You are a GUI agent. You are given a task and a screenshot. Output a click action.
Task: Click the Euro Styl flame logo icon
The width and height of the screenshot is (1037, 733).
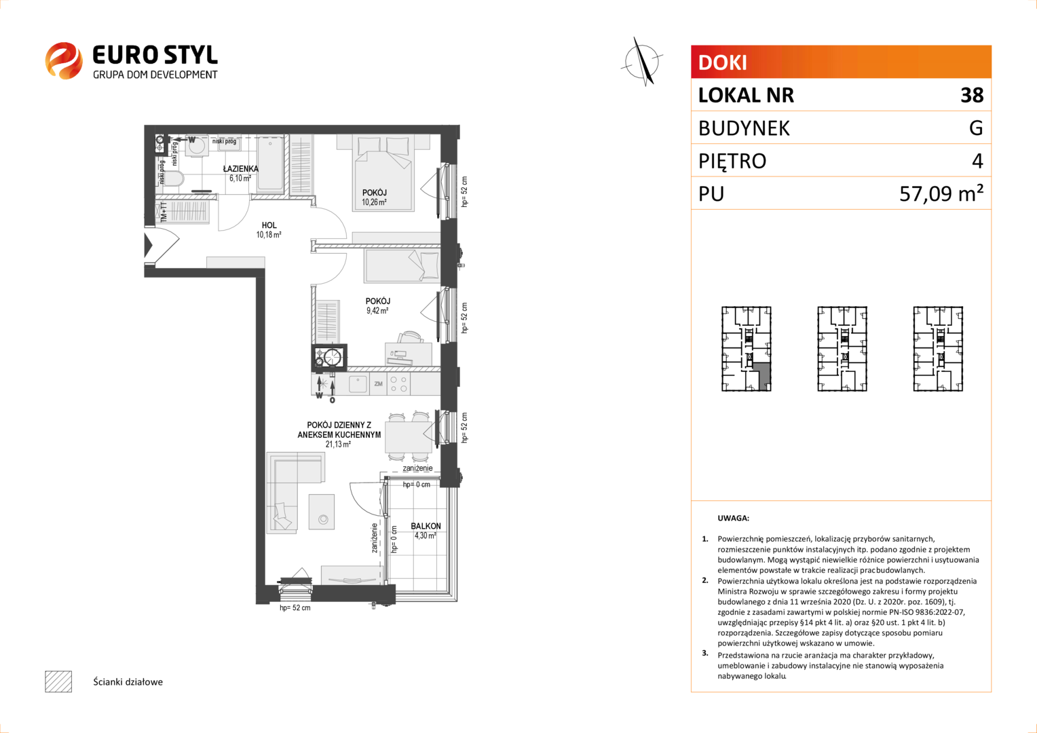tap(64, 60)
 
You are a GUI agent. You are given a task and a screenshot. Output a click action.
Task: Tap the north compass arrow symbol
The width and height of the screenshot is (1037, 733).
tap(643, 61)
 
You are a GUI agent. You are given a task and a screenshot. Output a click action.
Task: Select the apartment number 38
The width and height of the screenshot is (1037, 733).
tap(972, 95)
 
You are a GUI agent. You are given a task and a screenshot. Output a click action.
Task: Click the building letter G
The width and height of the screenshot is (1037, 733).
tap(976, 128)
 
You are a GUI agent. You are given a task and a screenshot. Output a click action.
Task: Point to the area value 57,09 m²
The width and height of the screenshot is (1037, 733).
tap(941, 193)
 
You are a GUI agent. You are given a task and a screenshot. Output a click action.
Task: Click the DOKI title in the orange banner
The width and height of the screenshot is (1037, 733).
tap(722, 62)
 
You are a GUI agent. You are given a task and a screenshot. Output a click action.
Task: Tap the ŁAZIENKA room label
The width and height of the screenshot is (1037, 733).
tap(241, 168)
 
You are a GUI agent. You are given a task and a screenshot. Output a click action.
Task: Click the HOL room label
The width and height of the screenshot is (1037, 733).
tap(269, 225)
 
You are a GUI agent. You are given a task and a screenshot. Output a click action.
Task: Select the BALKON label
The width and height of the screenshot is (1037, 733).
tap(426, 526)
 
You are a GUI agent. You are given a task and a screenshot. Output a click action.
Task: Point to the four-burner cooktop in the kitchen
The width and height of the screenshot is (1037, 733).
tap(398, 384)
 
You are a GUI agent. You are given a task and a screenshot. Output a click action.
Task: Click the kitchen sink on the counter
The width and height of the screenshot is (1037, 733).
tap(358, 384)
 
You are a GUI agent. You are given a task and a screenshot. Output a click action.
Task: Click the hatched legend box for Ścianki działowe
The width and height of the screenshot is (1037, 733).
tap(58, 681)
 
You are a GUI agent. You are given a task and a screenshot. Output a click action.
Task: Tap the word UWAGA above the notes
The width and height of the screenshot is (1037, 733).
tap(734, 518)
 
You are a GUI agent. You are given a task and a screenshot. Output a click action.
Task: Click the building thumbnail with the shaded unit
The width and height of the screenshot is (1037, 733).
tap(747, 349)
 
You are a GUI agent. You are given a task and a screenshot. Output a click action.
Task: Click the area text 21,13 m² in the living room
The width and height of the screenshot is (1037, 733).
tap(338, 445)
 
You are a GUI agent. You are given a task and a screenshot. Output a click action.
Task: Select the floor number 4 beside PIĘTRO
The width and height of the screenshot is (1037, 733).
tap(977, 161)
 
